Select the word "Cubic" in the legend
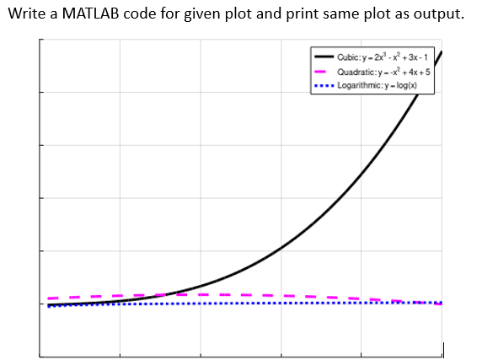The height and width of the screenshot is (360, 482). pyautogui.click(x=348, y=56)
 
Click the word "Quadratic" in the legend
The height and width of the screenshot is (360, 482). pyautogui.click(x=354, y=72)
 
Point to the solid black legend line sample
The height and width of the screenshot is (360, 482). pyautogui.click(x=324, y=56)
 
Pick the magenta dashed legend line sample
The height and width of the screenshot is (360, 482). pyautogui.click(x=324, y=72)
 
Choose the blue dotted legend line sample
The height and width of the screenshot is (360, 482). pyautogui.click(x=324, y=86)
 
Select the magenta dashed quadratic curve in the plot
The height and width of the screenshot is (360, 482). pyautogui.click(x=253, y=295)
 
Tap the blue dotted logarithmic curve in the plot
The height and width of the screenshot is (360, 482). pyautogui.click(x=211, y=304)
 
